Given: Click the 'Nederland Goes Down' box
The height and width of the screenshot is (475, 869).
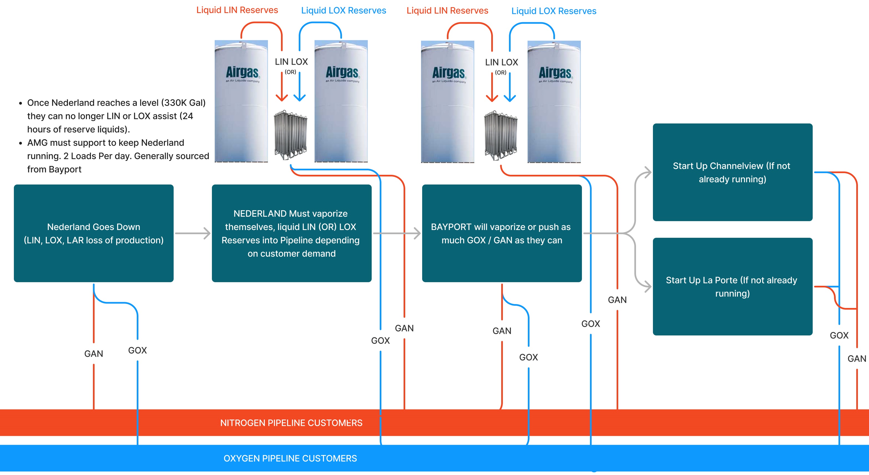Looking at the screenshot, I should [93, 233].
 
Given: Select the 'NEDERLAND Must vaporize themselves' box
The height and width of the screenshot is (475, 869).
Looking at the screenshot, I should [292, 233].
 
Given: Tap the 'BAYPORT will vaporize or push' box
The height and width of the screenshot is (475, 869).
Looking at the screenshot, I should [502, 233].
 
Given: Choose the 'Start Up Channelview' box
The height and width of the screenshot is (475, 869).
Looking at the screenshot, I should [732, 172].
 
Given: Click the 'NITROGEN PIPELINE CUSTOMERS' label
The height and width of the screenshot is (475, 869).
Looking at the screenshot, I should [291, 423].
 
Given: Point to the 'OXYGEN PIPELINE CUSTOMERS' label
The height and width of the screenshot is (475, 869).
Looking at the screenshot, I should [290, 458].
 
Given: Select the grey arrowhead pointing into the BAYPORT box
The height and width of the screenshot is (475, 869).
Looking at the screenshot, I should [417, 233].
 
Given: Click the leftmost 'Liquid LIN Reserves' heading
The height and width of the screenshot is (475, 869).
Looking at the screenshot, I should [237, 10].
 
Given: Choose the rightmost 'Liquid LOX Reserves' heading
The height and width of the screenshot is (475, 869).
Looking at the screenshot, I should [554, 11].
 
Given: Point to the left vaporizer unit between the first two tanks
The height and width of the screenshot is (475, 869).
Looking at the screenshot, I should [290, 134].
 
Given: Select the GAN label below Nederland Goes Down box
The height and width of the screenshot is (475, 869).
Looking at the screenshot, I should [93, 353].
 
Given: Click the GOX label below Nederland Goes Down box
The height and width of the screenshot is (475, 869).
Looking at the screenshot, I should [137, 350].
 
